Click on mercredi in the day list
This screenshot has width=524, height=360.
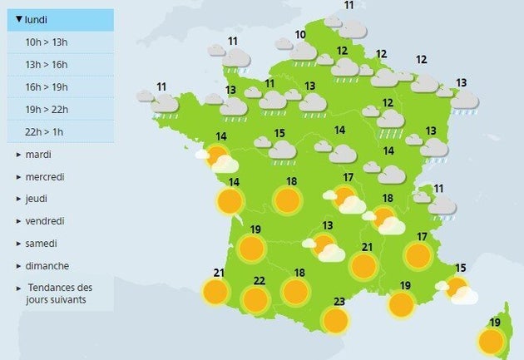pos(45,177)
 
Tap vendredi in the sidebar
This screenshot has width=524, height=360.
pos(45,221)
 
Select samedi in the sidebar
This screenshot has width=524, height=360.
pos(41,244)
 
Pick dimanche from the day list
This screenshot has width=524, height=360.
pos(47,266)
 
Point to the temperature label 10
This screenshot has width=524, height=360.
pos(300,35)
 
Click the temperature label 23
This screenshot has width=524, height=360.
pos(339,303)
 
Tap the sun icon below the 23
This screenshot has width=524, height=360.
pos(335,321)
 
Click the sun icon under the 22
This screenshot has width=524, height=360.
pos(255,299)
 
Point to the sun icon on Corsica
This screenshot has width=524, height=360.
pos(491,340)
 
